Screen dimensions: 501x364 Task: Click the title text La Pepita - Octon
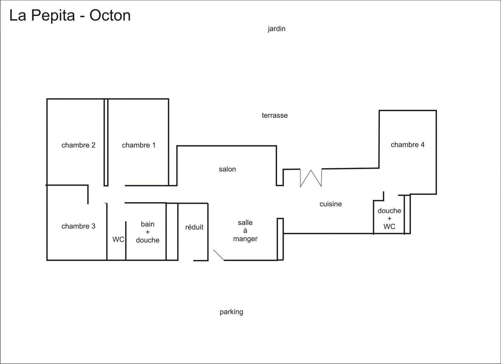(70, 16)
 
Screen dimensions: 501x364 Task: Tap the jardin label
(276, 29)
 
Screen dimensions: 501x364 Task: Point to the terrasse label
(275, 116)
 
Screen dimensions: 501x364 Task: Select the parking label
(231, 312)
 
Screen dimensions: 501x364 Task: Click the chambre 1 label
(139, 145)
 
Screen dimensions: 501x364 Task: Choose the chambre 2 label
(78, 145)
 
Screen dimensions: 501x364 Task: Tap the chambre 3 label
(78, 226)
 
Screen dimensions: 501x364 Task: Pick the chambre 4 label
(407, 145)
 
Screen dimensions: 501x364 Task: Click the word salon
(227, 169)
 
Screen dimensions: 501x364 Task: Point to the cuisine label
(331, 204)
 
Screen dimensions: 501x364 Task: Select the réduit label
(194, 227)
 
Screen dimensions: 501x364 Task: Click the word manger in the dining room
(245, 239)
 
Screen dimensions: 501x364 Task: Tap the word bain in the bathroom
(147, 224)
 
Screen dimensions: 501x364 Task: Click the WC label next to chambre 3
(118, 239)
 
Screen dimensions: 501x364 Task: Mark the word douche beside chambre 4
(390, 211)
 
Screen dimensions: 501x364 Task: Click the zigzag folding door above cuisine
(311, 178)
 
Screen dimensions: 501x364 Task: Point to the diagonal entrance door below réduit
(219, 255)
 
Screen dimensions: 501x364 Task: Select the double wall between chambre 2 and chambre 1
(106, 143)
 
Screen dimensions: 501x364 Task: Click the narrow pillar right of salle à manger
(280, 239)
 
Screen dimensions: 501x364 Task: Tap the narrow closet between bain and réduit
(172, 232)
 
